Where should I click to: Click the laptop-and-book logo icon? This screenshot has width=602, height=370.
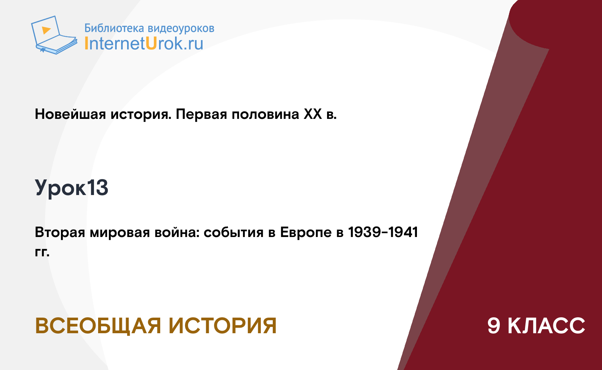[x=54, y=35]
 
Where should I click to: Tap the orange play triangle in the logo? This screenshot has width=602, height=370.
[x=46, y=30]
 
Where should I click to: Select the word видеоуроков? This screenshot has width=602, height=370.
[x=181, y=29]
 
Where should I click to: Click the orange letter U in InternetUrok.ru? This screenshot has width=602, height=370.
[x=151, y=43]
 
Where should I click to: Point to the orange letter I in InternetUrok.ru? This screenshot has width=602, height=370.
[x=86, y=43]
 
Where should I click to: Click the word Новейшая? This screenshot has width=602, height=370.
[x=70, y=114]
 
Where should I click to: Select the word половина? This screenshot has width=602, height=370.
[x=266, y=114]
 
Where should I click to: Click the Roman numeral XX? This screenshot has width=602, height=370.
[x=313, y=114]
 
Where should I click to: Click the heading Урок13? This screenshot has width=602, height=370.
[x=71, y=188]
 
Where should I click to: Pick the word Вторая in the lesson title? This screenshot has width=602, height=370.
[x=60, y=233]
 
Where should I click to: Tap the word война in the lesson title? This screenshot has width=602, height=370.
[x=177, y=232]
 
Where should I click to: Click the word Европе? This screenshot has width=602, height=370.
[x=306, y=233]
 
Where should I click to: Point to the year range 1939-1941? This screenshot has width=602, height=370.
[x=383, y=232]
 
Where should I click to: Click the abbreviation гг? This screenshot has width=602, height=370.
[x=42, y=252]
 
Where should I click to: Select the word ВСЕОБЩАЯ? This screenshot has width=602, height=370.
[x=98, y=326]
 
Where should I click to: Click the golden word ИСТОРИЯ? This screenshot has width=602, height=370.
[x=223, y=326]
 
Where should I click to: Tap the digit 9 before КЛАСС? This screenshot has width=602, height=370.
[x=494, y=326]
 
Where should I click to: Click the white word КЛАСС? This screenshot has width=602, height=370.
[x=546, y=326]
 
